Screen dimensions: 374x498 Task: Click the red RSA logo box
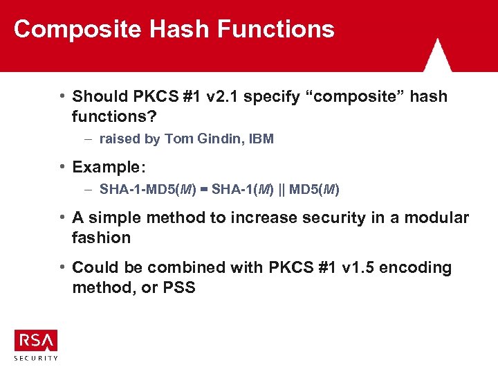pos(36,340)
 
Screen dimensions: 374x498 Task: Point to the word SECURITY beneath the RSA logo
pos(36,358)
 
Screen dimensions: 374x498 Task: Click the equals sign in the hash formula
pos(205,189)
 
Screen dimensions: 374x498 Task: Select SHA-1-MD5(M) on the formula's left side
pos(148,189)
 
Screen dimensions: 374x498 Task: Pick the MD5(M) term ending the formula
pos(315,189)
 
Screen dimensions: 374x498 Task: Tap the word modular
pos(436,218)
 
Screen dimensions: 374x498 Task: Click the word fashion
pos(101,238)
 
